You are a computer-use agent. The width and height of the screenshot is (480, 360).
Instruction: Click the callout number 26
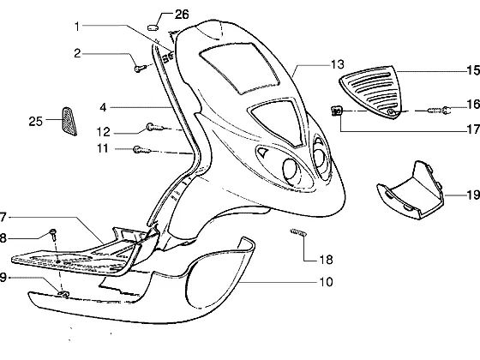pos(182,15)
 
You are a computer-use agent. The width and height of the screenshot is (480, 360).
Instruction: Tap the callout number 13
pos(338,64)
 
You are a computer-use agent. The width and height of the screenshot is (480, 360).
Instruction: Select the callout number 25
pos(35,122)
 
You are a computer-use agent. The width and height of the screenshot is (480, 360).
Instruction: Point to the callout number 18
pos(326,260)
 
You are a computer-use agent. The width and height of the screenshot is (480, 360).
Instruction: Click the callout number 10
pos(326,282)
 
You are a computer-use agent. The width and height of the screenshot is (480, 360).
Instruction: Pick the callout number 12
pos(103,132)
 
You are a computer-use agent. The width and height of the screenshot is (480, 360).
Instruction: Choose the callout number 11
pos(103,148)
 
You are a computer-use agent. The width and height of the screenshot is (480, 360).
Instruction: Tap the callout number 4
pos(103,107)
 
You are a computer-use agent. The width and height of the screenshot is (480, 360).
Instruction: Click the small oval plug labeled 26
pos(153,27)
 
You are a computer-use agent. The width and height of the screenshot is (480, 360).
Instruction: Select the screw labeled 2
pos(139,69)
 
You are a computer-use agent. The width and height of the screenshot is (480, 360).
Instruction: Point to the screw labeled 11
pos(142,150)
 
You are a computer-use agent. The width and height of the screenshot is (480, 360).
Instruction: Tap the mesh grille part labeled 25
pos(69,121)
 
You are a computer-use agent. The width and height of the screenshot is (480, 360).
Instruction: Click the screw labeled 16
pos(439,110)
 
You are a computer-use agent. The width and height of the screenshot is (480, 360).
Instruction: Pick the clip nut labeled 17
pos(337,111)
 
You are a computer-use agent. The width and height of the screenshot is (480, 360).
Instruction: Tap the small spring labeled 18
pos(298,232)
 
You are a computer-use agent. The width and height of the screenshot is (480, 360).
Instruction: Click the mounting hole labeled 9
pos(63,294)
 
